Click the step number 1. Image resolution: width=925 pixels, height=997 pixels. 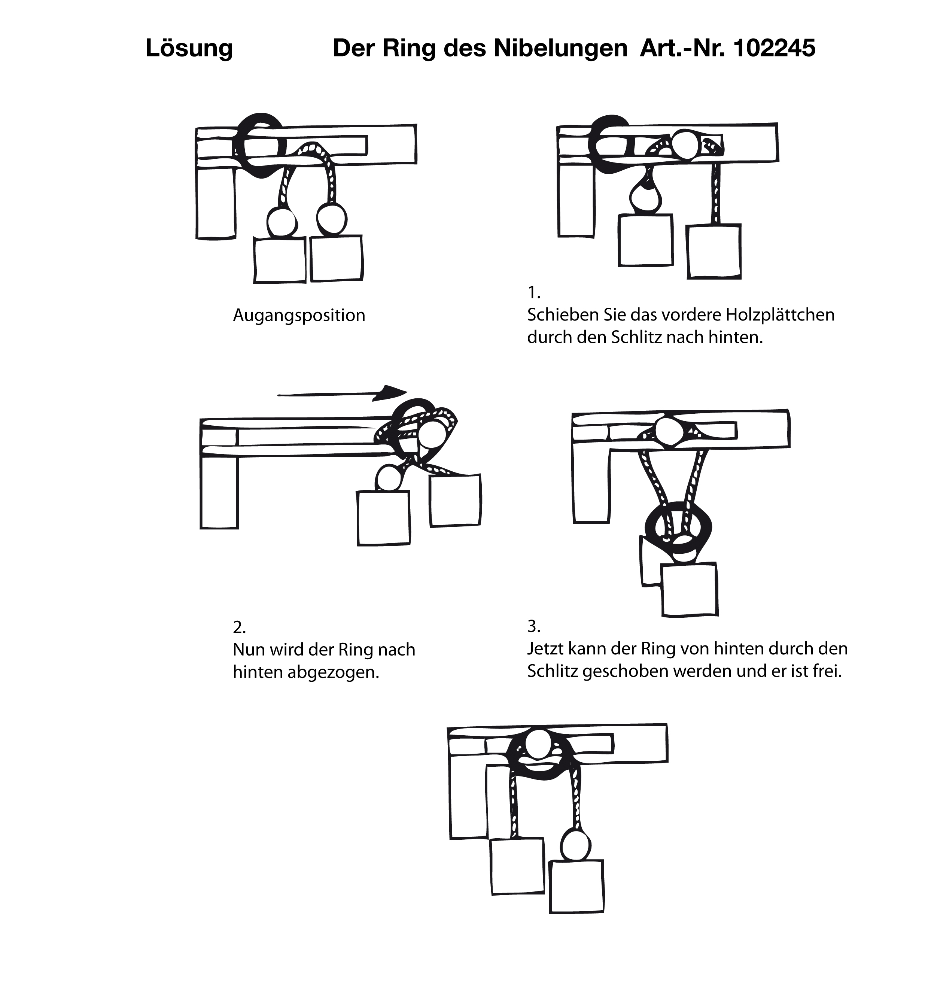click(x=533, y=292)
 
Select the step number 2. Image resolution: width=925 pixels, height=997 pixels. click(x=239, y=627)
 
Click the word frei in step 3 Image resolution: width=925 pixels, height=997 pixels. click(x=827, y=671)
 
